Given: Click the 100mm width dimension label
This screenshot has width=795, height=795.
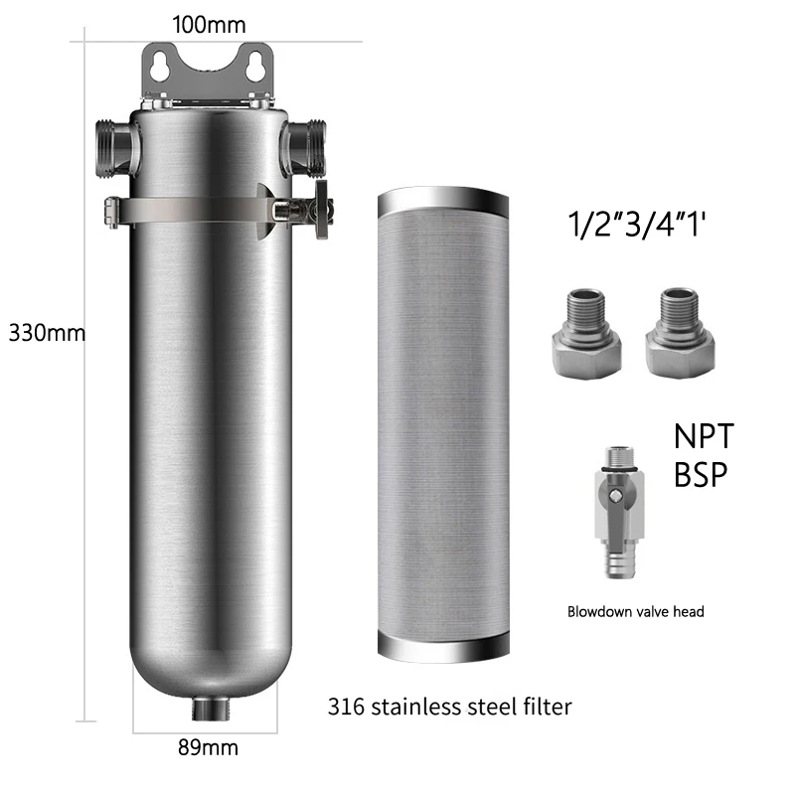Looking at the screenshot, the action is pos(209,25).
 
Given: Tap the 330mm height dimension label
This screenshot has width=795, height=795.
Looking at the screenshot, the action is pos(47,333).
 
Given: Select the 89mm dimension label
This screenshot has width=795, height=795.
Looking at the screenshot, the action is pos(208,747).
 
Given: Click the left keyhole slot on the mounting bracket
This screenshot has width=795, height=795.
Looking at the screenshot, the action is pos(159,67).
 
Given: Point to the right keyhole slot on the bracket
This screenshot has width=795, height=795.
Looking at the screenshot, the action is pos(254,67).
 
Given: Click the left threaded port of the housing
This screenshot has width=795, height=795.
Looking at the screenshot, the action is pos(114,148).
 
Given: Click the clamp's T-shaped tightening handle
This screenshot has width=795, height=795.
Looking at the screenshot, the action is pos(321,209).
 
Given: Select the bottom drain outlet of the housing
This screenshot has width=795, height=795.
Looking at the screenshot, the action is pos(212,709).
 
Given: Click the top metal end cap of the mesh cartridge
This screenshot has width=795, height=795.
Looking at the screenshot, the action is pos(443,200).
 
